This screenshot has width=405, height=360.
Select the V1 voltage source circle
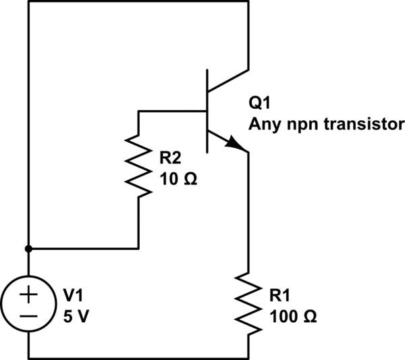[29, 303]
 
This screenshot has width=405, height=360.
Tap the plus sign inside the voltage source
[29, 294]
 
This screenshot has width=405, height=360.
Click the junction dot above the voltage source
[29, 248]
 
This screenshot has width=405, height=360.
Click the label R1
[281, 296]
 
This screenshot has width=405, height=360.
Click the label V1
[74, 295]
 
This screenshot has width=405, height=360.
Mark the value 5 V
[76, 315]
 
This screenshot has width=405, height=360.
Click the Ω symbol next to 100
[307, 315]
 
